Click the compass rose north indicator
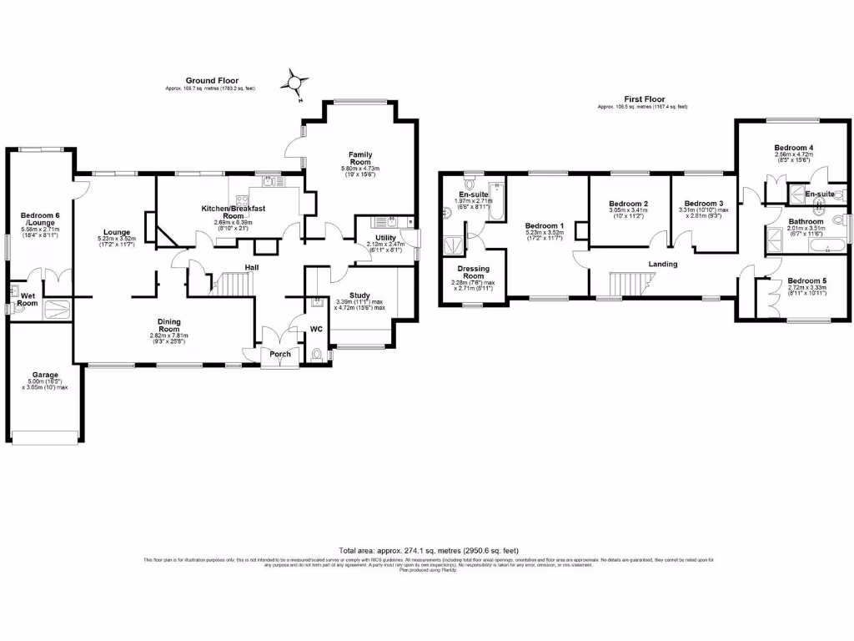tap(294, 83)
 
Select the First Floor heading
tap(642, 99)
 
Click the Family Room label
tap(360, 159)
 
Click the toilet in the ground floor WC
tap(314, 356)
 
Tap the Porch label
tap(280, 354)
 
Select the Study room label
tap(359, 295)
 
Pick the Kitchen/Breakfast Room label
tap(233, 211)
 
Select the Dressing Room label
tap(471, 271)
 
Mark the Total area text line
tap(429, 551)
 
